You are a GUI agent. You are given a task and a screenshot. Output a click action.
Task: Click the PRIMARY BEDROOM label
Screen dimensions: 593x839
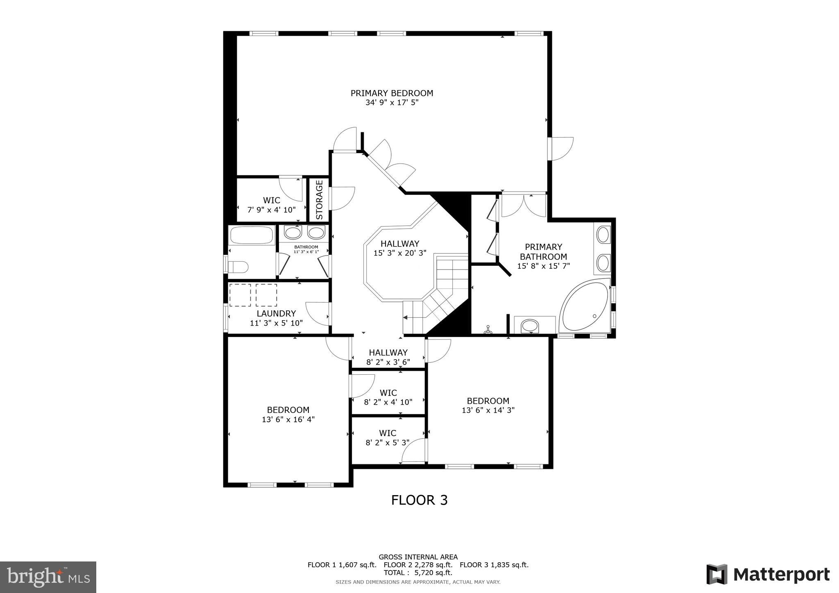[392, 93]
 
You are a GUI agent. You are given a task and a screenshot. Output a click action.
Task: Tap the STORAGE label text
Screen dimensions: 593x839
[319, 200]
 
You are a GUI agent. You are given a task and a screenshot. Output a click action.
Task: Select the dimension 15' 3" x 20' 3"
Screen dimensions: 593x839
[400, 253]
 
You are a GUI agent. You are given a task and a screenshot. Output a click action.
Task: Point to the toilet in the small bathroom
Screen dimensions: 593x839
[238, 267]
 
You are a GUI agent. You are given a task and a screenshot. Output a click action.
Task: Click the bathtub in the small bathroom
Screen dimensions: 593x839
[252, 235]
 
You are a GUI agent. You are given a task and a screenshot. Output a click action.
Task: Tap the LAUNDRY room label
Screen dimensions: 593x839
[276, 314]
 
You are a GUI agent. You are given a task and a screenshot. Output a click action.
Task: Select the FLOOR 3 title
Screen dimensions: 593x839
[419, 500]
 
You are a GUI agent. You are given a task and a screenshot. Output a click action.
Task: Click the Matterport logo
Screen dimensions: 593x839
[768, 574]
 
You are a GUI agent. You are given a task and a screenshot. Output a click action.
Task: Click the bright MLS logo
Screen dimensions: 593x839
[48, 577]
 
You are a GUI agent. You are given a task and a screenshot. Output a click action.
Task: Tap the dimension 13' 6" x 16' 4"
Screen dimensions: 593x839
[288, 419]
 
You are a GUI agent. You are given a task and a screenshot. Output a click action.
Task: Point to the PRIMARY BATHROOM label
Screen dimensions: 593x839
[543, 252]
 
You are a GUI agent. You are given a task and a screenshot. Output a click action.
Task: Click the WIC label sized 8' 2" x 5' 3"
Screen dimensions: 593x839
[388, 433]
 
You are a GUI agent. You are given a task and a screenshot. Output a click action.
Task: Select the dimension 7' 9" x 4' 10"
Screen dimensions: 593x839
[271, 210]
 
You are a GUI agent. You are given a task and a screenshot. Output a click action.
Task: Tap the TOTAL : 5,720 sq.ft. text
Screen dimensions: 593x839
[418, 573]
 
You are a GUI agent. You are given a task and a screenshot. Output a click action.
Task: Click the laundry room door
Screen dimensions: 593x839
[318, 313]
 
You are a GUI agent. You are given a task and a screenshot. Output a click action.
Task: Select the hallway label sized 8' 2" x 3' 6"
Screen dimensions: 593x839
[388, 353]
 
